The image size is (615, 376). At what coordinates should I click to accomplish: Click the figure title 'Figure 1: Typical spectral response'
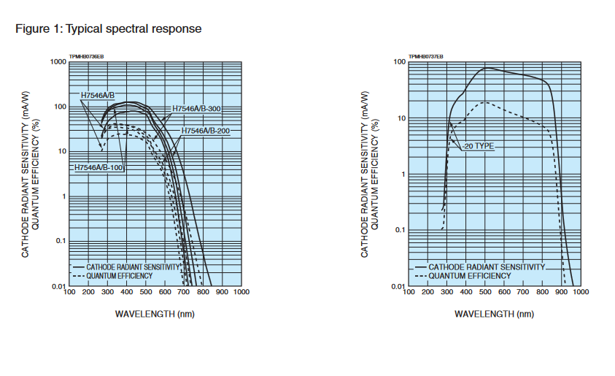pos(108,29)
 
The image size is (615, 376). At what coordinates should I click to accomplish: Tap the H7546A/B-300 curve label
pos(196,109)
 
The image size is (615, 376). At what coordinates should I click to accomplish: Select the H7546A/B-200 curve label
pos(206,131)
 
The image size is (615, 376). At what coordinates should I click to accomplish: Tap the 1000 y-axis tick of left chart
pos(58,62)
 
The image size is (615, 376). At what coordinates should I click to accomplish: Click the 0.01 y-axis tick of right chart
pos(398,285)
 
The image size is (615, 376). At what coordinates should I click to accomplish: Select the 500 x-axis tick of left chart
pos(146,292)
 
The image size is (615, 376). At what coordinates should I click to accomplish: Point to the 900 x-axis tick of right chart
pos(561,292)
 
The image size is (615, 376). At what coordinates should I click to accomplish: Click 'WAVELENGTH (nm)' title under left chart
pos(155,314)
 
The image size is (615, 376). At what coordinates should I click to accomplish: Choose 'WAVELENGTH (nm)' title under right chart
pos(494,314)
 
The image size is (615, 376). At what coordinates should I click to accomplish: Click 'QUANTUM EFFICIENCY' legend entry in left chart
pos(119,276)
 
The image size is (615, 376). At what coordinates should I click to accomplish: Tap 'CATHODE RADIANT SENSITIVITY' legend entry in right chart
pos(486,267)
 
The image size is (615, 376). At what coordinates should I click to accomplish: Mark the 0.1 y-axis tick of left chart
pos(60,242)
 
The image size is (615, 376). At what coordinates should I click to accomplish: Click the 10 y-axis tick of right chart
pos(401,118)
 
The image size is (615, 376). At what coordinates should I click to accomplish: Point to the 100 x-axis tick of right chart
pos(409,292)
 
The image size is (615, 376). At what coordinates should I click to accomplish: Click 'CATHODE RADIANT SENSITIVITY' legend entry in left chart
pos(133,267)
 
